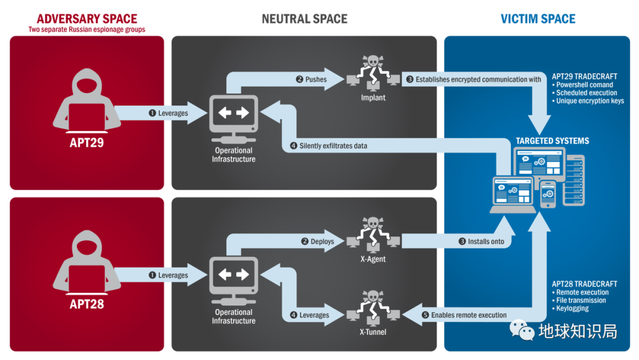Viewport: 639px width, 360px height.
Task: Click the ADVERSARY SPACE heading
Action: click(86, 19)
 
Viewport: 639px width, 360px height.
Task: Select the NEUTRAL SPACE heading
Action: click(304, 19)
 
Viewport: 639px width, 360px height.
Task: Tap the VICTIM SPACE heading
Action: click(538, 19)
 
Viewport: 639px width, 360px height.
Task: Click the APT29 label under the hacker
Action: click(86, 142)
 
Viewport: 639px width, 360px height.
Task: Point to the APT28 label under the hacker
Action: click(86, 304)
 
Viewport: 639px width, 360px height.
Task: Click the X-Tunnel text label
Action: click(373, 332)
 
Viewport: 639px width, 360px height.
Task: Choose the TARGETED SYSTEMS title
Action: click(552, 141)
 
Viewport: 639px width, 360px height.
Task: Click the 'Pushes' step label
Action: click(311, 79)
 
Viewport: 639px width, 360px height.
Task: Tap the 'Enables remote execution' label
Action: click(464, 316)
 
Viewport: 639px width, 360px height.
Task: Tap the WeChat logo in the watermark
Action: click(522, 330)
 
